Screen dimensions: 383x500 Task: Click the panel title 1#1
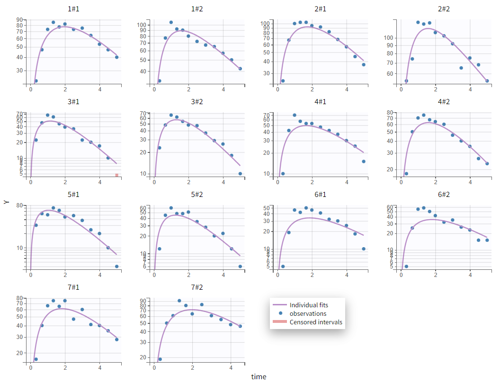73,9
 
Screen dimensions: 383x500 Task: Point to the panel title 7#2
197,287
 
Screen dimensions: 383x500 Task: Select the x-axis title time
259,377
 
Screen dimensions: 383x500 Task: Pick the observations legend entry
308,313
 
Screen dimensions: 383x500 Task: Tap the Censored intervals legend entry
315,322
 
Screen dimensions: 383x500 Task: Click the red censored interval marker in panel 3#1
116,175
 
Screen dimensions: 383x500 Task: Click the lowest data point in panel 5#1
116,267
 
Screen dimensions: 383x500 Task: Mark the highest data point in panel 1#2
171,22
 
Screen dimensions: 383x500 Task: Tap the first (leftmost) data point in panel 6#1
283,267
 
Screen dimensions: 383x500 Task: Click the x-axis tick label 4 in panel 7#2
231,367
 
